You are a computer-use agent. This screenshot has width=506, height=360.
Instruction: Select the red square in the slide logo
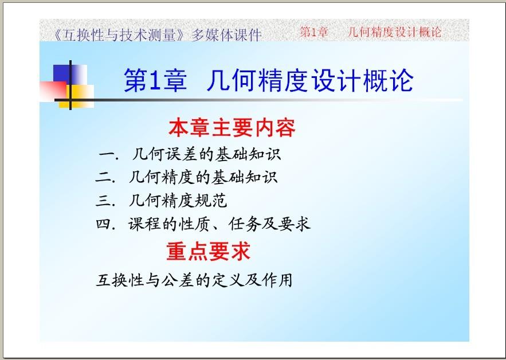tap(53, 91)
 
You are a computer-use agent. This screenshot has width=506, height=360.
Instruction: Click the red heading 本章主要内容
tap(232, 128)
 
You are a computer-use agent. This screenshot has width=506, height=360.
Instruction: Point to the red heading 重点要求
tap(209, 251)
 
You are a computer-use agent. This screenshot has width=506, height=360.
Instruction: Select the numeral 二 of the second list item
tap(104, 177)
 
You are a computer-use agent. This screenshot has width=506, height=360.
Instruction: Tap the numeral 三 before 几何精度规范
tap(104, 201)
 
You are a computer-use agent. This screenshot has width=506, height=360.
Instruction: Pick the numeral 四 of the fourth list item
tap(104, 224)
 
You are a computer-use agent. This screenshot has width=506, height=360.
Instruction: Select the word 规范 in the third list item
tap(211, 201)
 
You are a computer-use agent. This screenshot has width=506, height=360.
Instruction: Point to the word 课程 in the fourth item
tap(144, 224)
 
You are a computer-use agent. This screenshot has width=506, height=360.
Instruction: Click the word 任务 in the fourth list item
tap(245, 224)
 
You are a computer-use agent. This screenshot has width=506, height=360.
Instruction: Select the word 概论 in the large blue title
tap(388, 80)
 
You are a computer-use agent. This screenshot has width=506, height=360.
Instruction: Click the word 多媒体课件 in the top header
tap(226, 35)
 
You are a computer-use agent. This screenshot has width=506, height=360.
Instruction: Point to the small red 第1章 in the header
tap(313, 32)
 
